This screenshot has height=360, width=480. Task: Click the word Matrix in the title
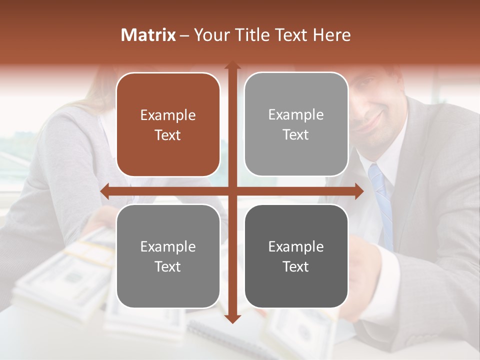click(148, 35)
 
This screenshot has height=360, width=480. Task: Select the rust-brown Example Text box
click(168, 124)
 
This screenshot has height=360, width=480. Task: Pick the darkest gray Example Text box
click(296, 256)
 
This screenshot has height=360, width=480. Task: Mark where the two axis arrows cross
click(232, 191)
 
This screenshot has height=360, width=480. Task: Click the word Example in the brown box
click(168, 115)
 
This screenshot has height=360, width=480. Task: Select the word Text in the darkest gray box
click(296, 266)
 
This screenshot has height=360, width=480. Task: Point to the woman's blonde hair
click(95, 95)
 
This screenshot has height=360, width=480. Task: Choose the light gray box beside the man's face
click(296, 124)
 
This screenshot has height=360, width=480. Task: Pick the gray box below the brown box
click(168, 256)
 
